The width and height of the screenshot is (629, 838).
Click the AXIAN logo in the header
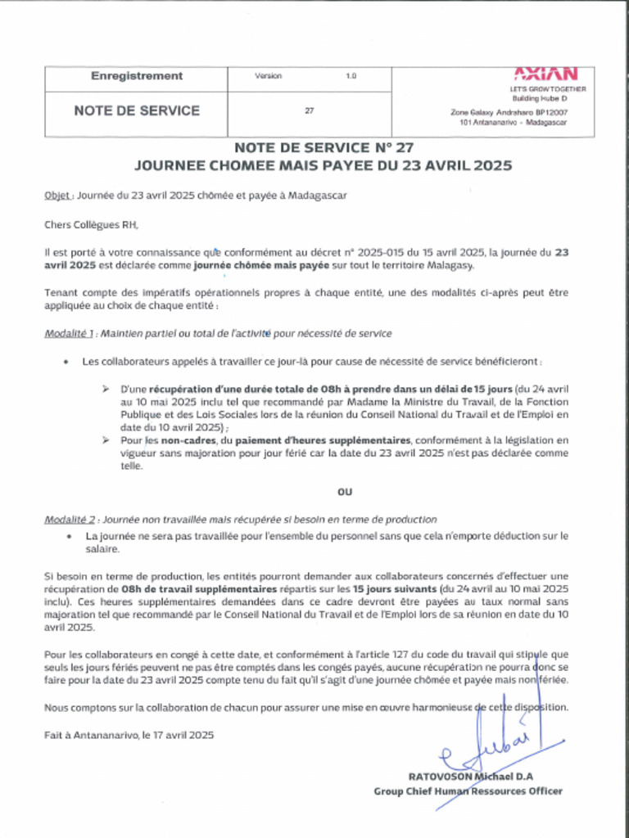[x=545, y=74]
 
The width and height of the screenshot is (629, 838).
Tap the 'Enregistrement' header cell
[x=137, y=76]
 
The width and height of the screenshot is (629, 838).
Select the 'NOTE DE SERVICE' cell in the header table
[x=137, y=110]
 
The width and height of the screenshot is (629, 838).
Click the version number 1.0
[x=351, y=76]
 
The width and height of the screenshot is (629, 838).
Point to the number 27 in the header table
[x=309, y=110]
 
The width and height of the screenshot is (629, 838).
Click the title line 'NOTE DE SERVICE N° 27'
[x=324, y=148]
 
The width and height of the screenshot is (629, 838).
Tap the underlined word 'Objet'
[x=58, y=196]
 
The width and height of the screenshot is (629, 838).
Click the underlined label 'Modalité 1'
[x=70, y=333]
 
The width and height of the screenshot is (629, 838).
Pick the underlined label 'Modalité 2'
[x=70, y=519]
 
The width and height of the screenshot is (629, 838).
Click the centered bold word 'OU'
[x=345, y=492]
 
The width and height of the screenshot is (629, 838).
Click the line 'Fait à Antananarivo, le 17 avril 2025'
[x=129, y=735]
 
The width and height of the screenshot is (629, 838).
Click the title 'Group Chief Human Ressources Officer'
[x=468, y=791]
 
